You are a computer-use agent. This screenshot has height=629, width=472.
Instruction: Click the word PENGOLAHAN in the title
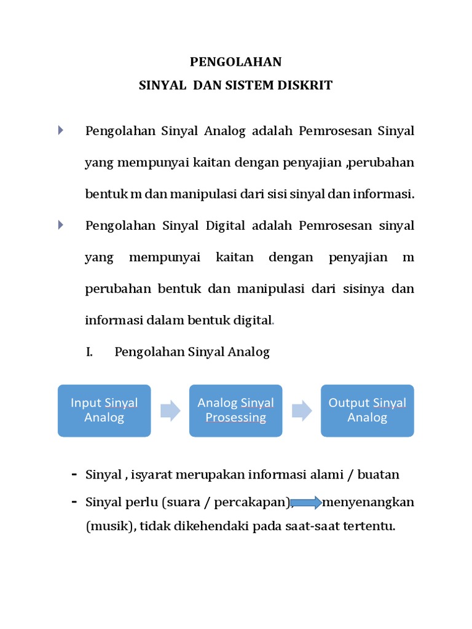click(235, 61)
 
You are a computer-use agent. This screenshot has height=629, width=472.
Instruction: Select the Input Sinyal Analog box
click(104, 410)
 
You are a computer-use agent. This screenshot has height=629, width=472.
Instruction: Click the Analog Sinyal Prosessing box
click(235, 410)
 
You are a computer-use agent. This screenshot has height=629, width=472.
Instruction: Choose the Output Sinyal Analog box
click(367, 410)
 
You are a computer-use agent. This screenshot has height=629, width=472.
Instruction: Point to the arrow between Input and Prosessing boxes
click(170, 410)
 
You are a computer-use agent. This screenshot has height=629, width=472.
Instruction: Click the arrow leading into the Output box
click(302, 410)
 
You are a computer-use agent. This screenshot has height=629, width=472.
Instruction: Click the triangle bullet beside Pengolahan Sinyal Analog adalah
click(61, 130)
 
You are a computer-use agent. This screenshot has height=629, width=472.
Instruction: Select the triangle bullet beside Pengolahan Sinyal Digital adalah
click(61, 225)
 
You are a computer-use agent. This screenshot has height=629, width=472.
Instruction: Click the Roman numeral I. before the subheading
click(88, 352)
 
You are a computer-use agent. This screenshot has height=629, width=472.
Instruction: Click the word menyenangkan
click(368, 502)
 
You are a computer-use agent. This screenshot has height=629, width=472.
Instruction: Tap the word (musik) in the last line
click(106, 526)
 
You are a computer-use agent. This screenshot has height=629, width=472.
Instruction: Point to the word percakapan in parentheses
click(254, 502)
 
